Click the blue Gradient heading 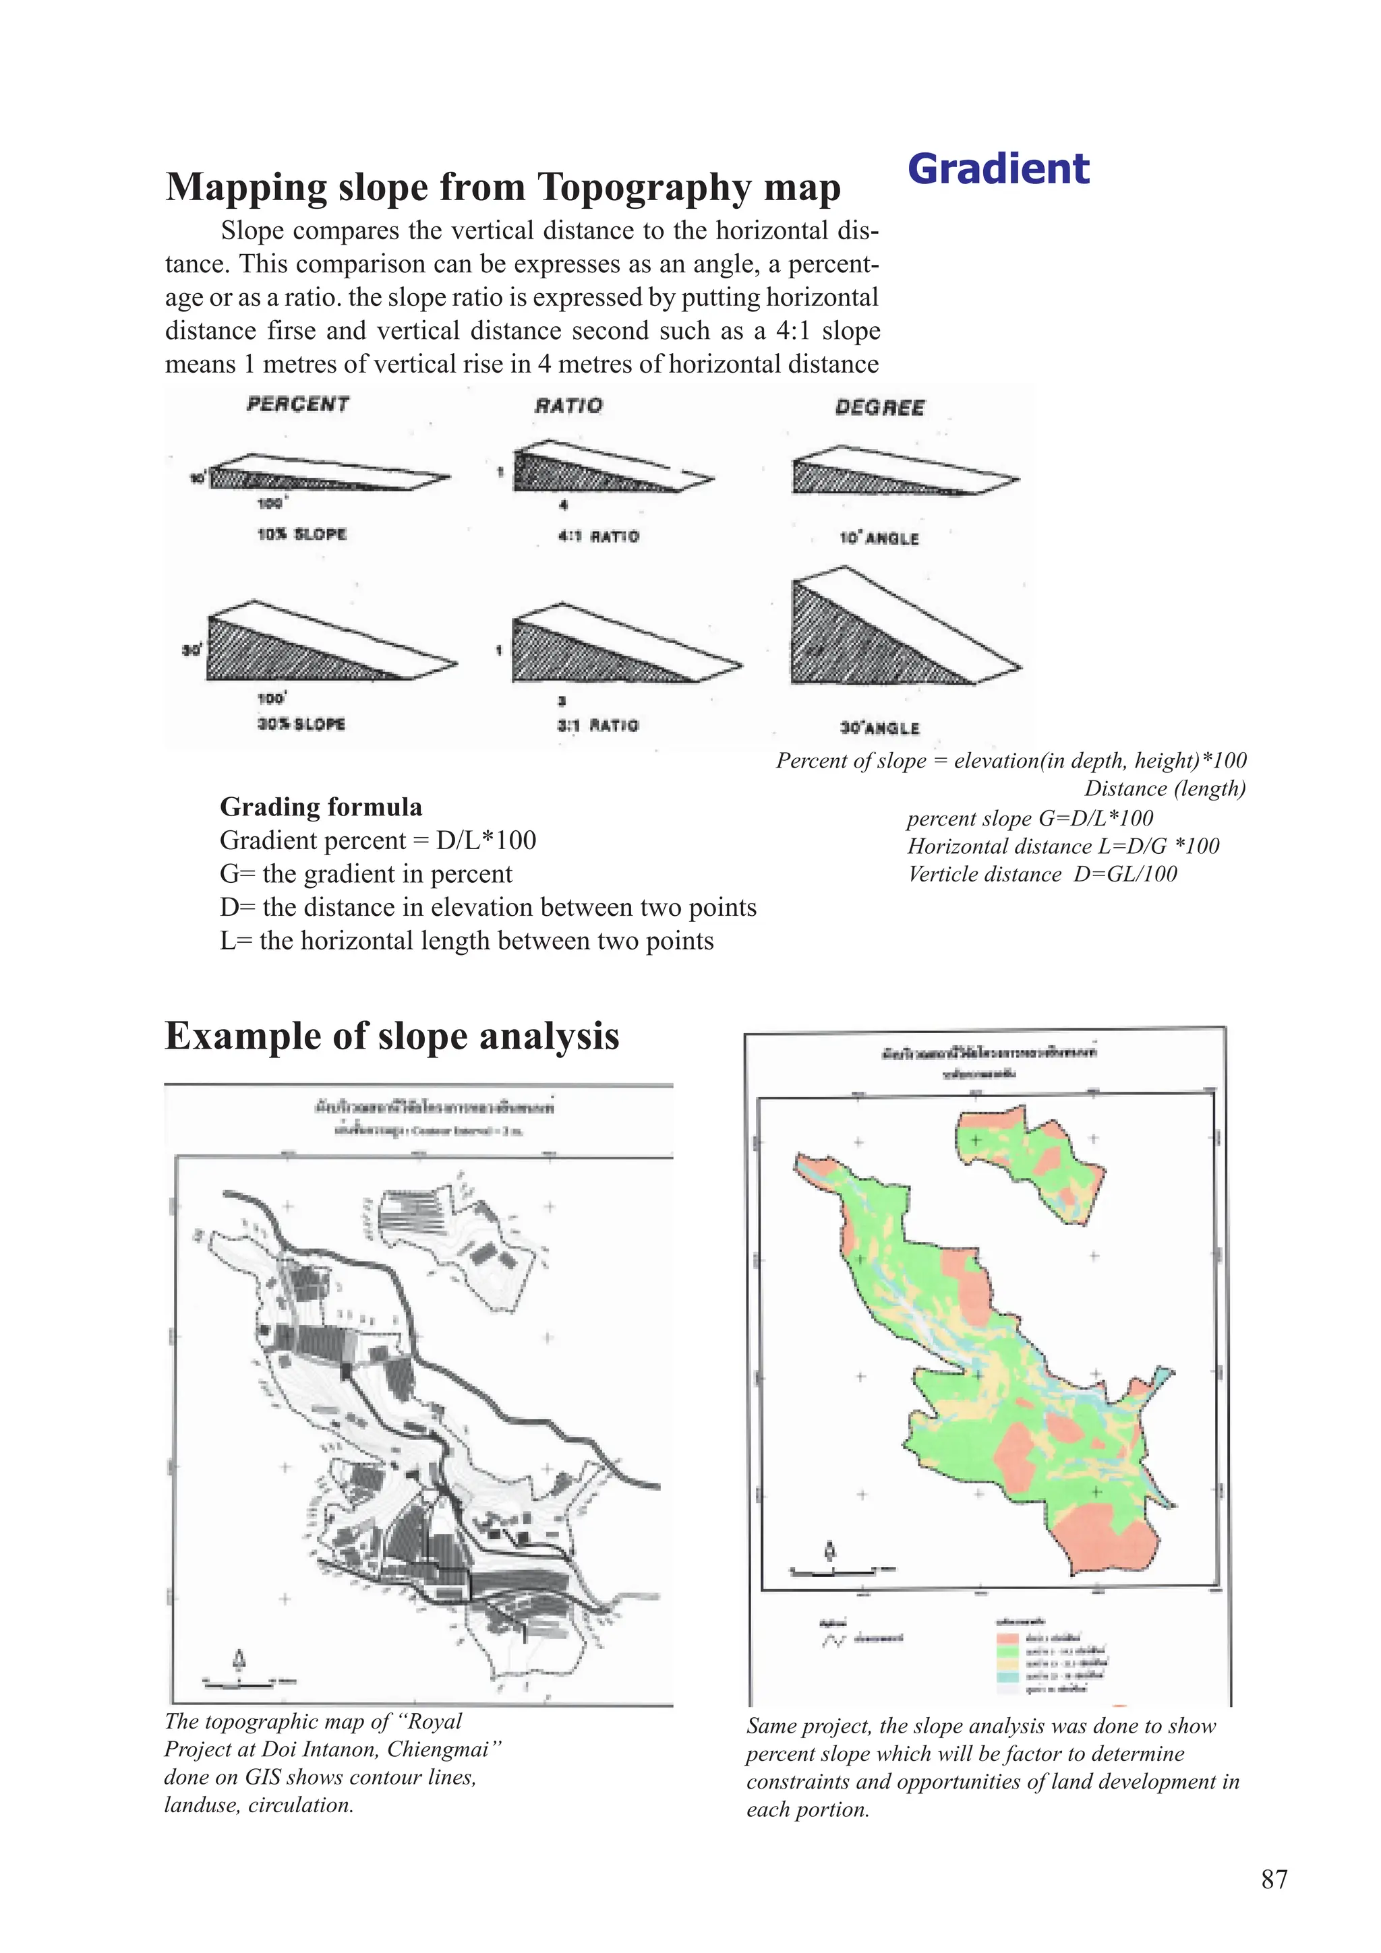point(998,168)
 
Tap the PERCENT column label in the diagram point(298,404)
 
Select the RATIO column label point(568,406)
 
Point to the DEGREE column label point(879,408)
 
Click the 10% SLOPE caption point(301,534)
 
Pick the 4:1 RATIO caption point(597,536)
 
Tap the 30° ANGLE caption point(879,728)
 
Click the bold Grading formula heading point(321,807)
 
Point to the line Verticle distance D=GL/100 point(1042,875)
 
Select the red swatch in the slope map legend point(1007,1638)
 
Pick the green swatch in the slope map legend point(1007,1651)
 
